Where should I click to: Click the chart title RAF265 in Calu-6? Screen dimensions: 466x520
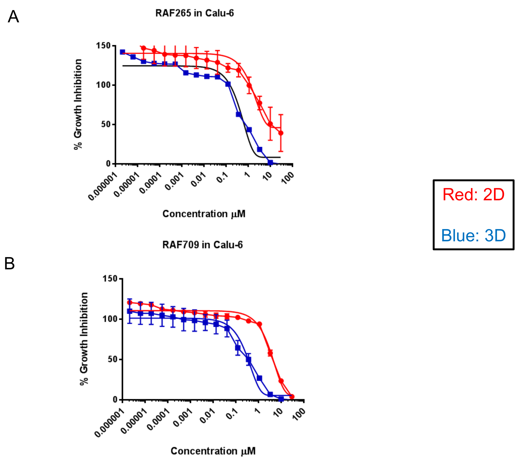point(195,13)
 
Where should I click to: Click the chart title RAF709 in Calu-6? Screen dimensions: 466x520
point(202,245)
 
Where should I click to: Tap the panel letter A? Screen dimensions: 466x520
point(13,17)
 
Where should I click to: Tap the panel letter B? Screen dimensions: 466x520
point(10,264)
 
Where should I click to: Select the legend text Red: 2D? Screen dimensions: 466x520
point(474,195)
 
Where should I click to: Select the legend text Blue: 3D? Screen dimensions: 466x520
point(474,235)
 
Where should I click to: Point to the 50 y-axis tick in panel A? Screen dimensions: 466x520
point(106,124)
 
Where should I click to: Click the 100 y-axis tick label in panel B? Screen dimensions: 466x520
point(110,319)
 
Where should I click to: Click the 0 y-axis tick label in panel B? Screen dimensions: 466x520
point(115,400)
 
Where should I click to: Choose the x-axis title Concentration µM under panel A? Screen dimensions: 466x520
point(204,214)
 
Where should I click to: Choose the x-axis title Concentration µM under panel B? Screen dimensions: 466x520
point(213,451)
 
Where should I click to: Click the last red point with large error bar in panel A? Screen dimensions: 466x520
point(281,133)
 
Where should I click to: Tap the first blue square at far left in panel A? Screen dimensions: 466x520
point(123,52)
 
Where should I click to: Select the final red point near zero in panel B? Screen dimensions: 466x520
point(292,396)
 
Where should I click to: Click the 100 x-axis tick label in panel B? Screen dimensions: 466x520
point(299,414)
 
